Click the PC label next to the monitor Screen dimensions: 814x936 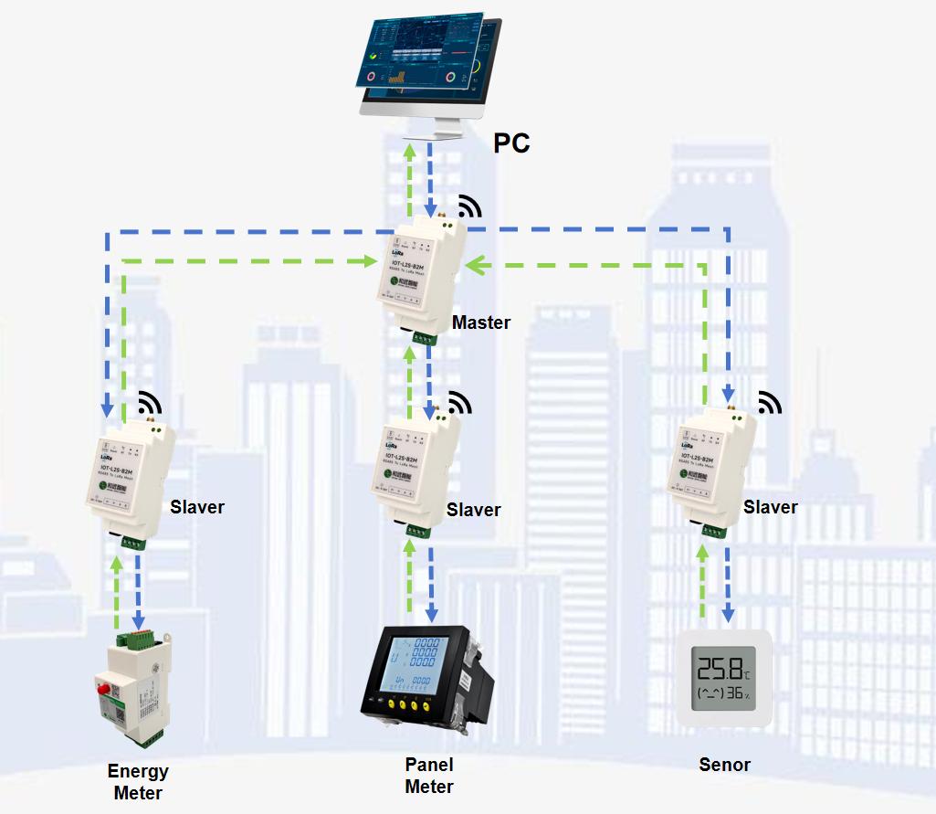coord(511,143)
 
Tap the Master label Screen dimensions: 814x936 coord(481,322)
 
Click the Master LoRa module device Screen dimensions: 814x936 coord(422,274)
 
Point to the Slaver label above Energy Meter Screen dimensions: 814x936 coord(197,506)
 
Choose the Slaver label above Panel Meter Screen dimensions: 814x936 coord(473,510)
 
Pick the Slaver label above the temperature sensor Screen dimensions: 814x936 coord(771,507)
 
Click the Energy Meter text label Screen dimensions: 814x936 coord(138,782)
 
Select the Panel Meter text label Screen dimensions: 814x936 coord(429,776)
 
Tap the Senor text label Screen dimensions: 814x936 coord(724,765)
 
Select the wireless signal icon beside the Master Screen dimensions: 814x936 coord(469,206)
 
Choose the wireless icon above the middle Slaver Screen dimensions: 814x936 coord(460,403)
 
